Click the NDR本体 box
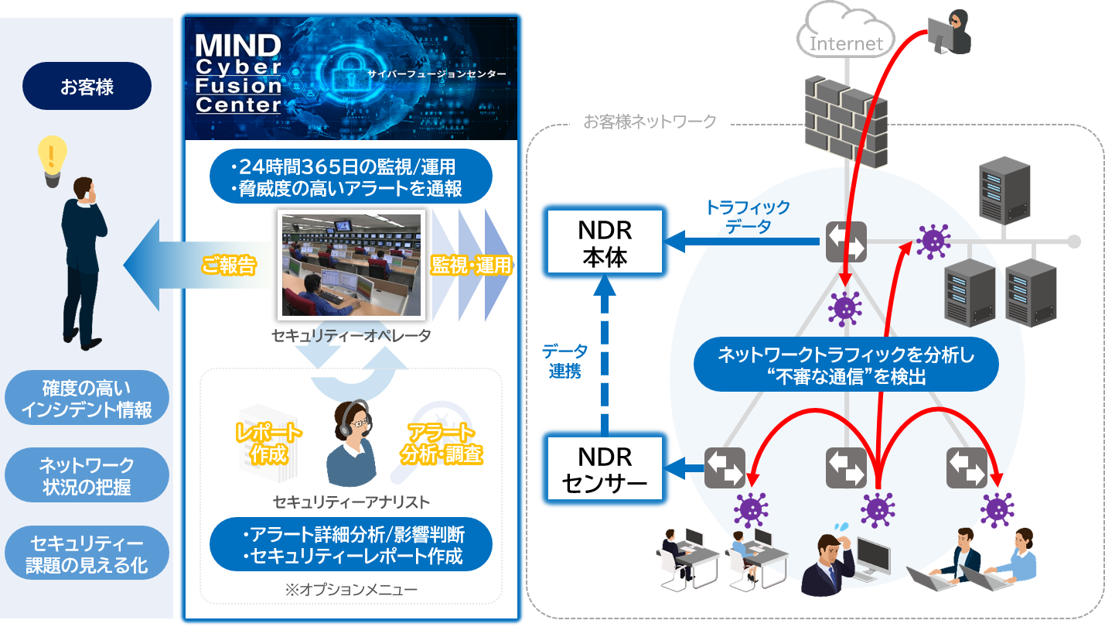605,243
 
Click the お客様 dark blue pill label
87,86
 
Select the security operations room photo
350,265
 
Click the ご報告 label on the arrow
228,265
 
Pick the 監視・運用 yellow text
471,265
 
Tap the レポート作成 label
268,443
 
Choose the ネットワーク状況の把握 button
87,476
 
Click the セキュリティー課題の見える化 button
87,553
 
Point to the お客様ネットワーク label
650,122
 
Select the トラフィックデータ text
747,217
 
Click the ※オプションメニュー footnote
351,590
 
